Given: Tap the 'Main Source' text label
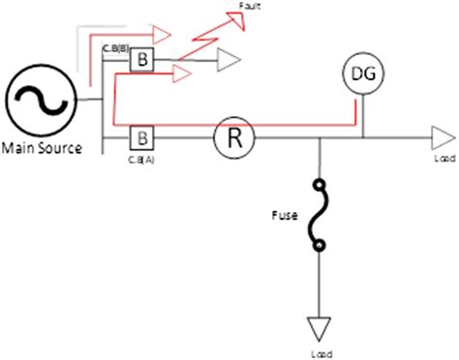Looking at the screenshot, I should point(41,148).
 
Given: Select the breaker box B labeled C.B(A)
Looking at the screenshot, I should point(140,136).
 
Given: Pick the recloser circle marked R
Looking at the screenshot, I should point(232,137).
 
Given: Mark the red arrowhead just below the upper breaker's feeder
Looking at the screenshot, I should point(180,72).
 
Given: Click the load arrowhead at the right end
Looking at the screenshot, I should point(441,137).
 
